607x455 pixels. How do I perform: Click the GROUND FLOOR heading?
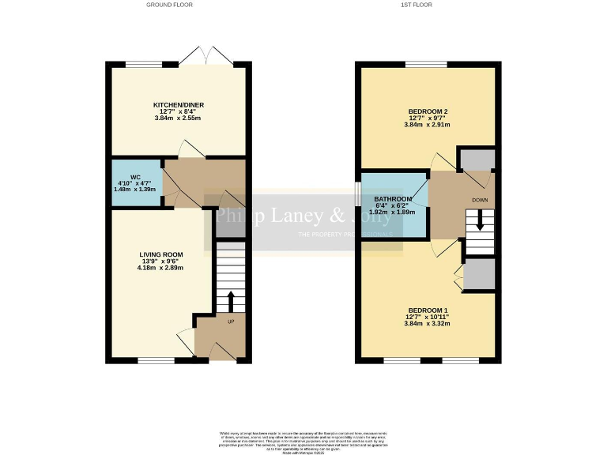pyautogui.click(x=170, y=5)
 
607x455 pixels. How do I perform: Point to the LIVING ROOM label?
pyautogui.click(x=161, y=254)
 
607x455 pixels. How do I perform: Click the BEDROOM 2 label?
pyautogui.click(x=428, y=111)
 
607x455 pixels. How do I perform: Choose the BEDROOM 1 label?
pyautogui.click(x=428, y=310)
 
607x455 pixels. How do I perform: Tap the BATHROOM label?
pyautogui.click(x=393, y=199)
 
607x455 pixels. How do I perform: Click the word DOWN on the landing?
pyautogui.click(x=480, y=200)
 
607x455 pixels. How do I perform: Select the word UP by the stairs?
pyautogui.click(x=231, y=322)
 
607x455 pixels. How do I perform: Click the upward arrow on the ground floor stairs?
pyautogui.click(x=231, y=301)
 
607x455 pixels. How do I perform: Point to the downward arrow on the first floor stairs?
pyautogui.click(x=480, y=223)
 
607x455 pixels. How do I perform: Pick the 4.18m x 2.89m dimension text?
pyautogui.click(x=161, y=268)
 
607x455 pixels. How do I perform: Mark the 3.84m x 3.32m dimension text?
pyautogui.click(x=428, y=324)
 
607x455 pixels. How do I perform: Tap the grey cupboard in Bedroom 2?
pyautogui.click(x=477, y=160)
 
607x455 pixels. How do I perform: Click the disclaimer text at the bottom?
pyautogui.click(x=303, y=439)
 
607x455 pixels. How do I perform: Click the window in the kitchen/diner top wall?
pyautogui.click(x=139, y=64)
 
